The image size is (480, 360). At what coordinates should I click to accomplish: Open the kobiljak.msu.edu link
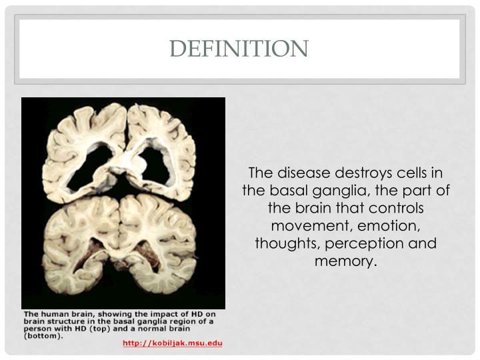coord(172,343)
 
